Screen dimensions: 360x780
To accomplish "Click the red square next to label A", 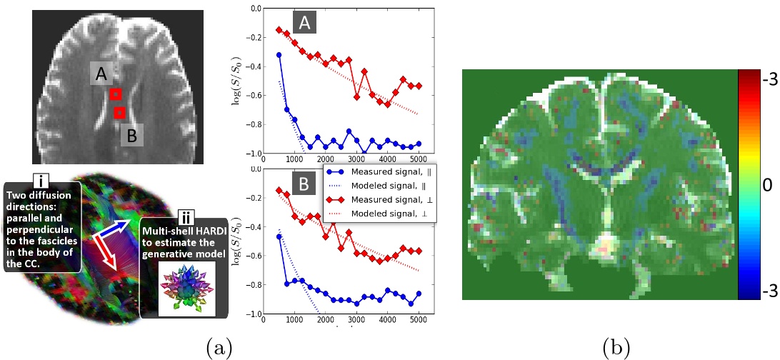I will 116,94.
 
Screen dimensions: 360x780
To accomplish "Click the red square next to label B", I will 120,111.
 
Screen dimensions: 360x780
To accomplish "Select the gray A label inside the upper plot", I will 304,24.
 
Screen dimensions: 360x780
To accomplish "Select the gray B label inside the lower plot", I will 304,185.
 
